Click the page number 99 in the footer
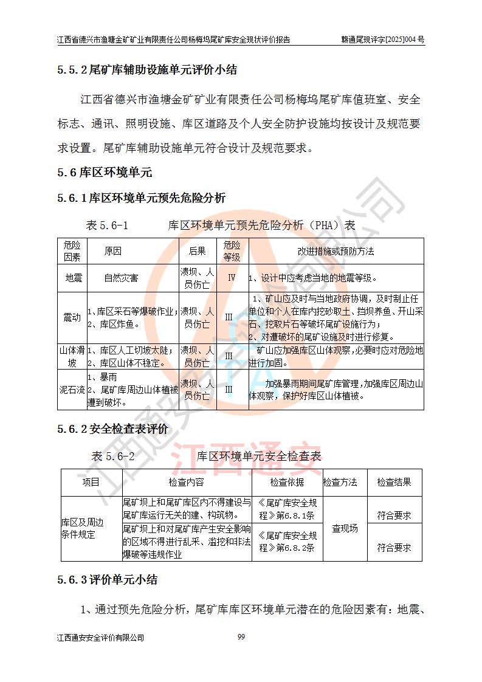[x=241, y=636]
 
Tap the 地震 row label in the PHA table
[x=72, y=278]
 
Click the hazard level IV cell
[x=231, y=278]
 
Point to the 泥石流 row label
[x=72, y=390]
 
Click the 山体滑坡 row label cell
[x=72, y=357]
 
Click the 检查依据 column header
[x=287, y=482]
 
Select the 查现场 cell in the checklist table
[x=345, y=528]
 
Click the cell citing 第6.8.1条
[x=287, y=509]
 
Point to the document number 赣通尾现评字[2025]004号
[x=382, y=40]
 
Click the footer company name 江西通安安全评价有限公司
[x=100, y=638]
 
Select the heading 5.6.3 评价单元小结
[x=108, y=580]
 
